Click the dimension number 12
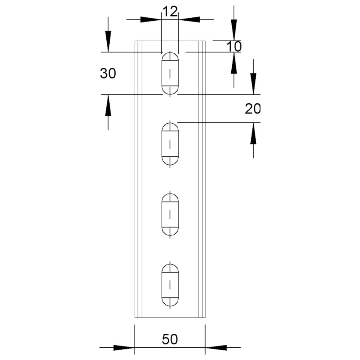[170, 11]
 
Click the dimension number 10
[234, 46]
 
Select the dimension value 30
[108, 74]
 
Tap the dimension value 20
[252, 109]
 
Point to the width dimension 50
[170, 339]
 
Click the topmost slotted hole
[170, 73]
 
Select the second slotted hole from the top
[170, 144]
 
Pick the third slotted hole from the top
[170, 214]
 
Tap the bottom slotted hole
[170, 285]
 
